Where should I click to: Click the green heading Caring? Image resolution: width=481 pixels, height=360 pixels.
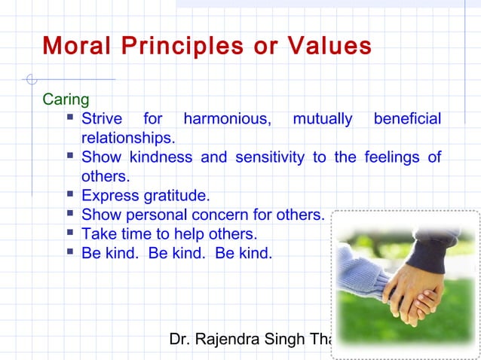coord(66,100)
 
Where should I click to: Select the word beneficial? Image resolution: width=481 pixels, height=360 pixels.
coord(407,119)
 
